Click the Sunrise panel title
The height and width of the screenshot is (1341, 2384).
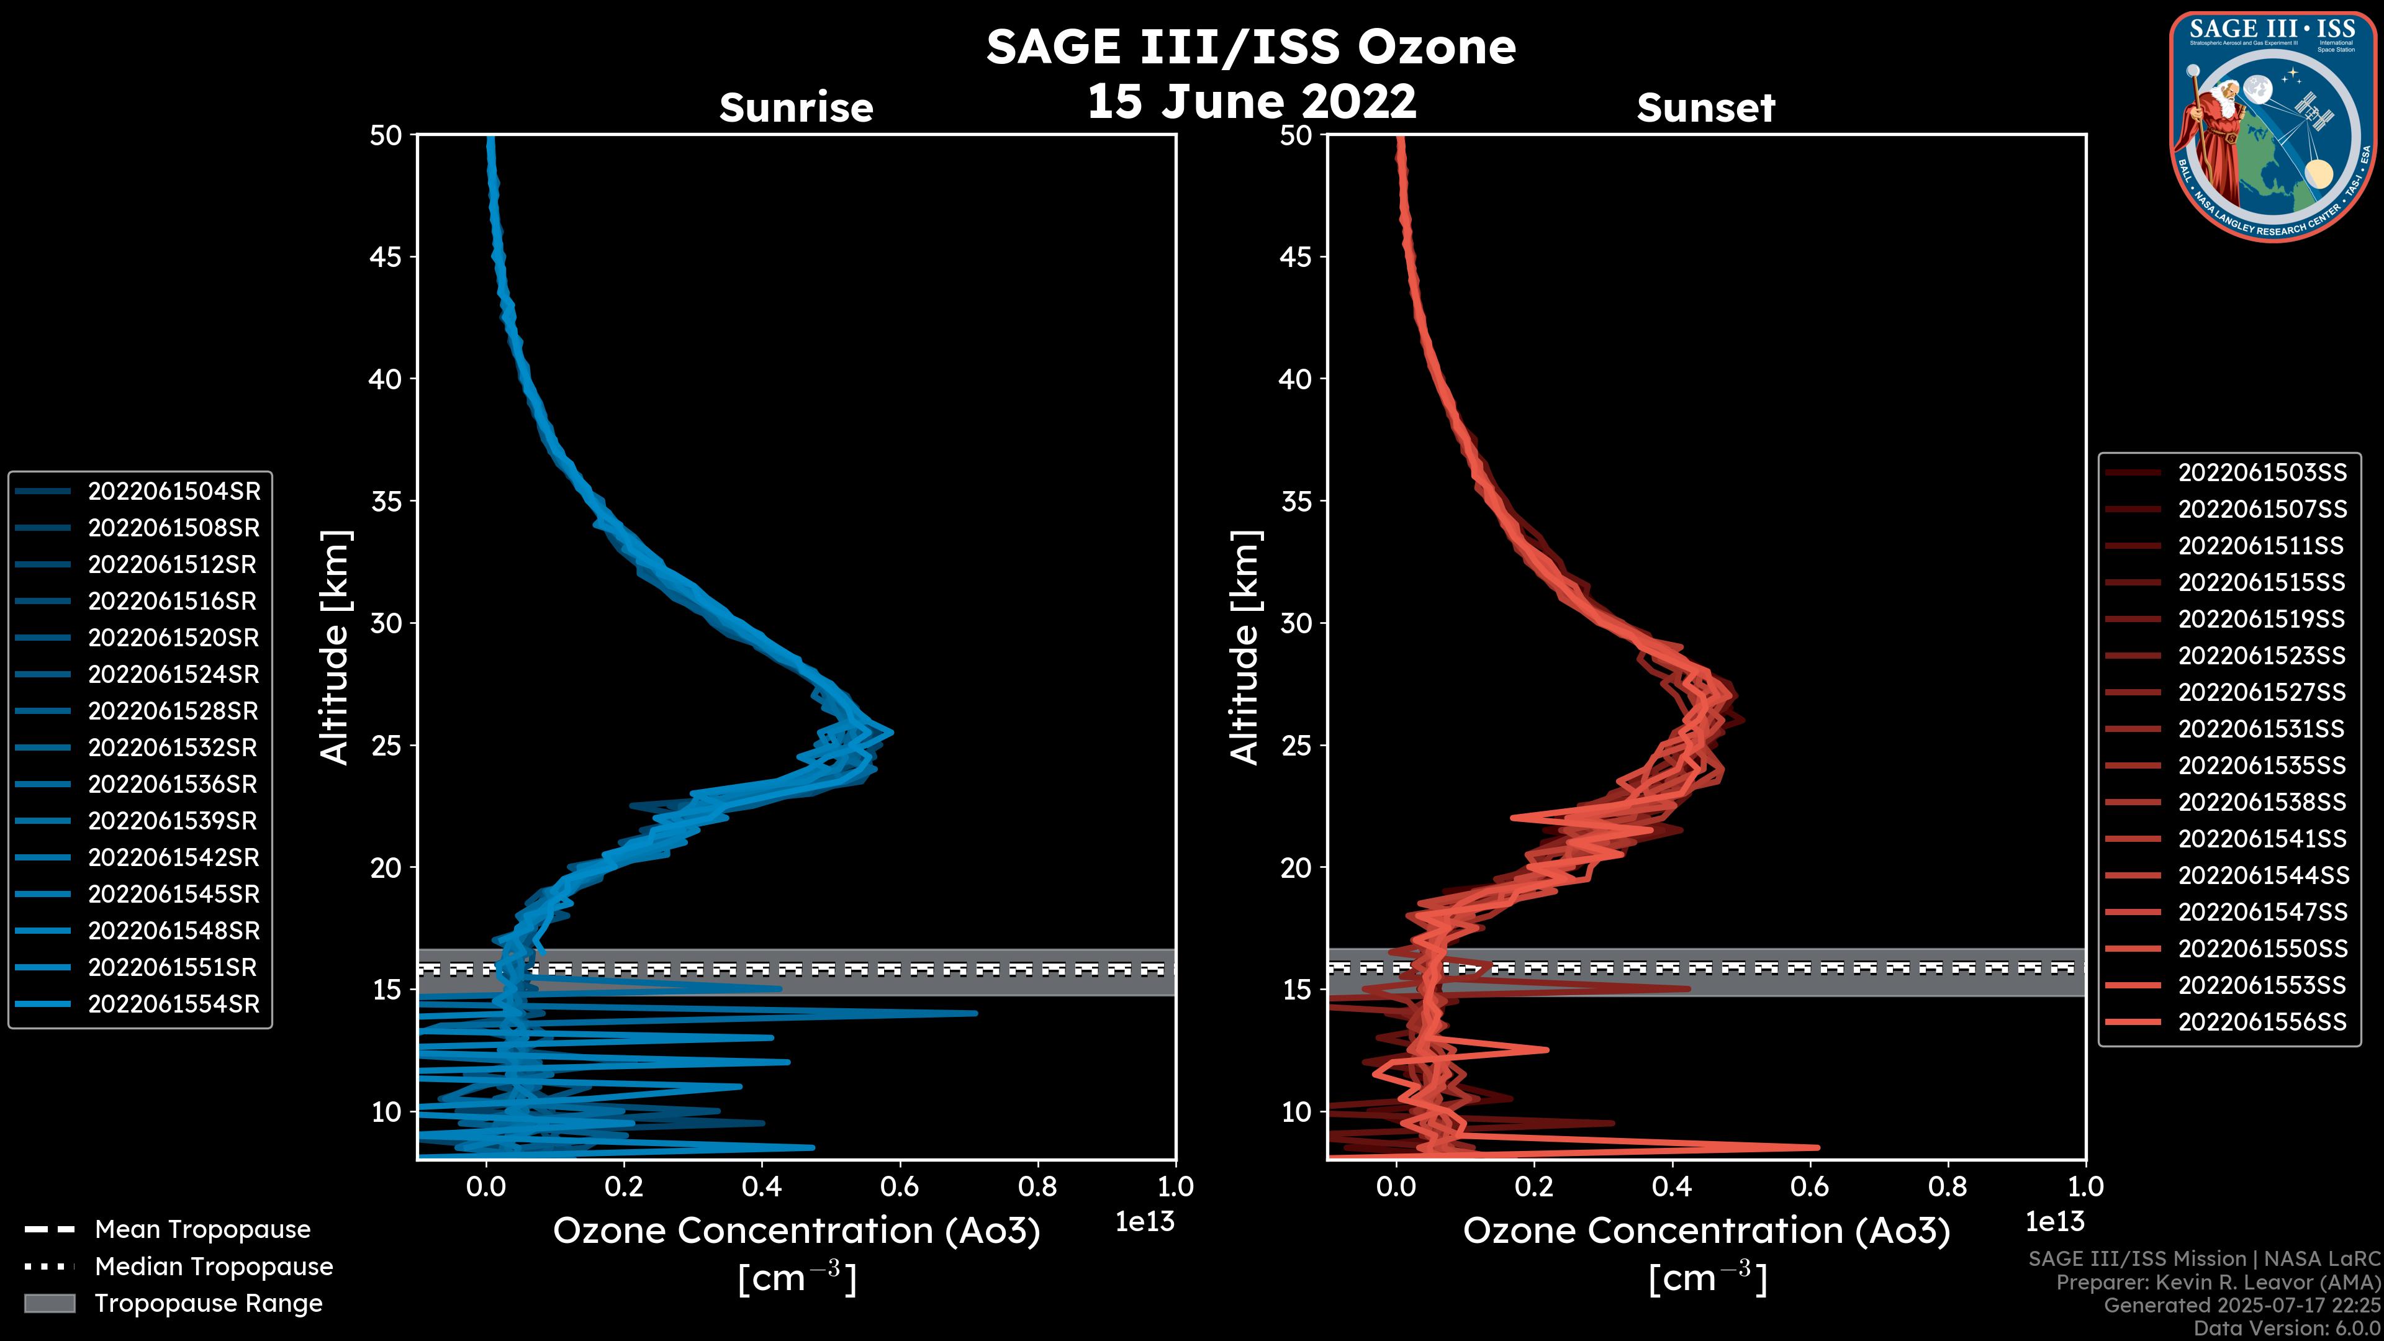[796, 108]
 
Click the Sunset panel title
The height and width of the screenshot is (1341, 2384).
[1705, 108]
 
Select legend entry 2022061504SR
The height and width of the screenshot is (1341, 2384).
[174, 492]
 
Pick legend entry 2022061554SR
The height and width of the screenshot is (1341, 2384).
[174, 1004]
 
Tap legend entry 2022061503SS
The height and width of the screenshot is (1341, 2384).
[2262, 473]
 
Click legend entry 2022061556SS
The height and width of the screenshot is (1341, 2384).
[2262, 1022]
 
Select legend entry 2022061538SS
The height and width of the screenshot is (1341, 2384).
[2262, 802]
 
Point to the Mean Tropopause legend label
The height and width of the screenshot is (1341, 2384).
[202, 1230]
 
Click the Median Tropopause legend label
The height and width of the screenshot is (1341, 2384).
[214, 1267]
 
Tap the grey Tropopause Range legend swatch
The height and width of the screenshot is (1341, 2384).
[49, 1304]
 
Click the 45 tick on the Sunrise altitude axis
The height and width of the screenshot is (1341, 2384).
[387, 257]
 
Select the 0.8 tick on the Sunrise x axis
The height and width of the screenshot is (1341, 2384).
[1037, 1186]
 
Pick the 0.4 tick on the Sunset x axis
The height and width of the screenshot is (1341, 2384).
[1671, 1186]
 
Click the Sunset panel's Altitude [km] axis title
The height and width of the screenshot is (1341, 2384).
[1245, 648]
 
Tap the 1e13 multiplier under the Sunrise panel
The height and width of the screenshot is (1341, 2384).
[1145, 1222]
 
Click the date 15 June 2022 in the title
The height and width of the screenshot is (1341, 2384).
[1251, 102]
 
